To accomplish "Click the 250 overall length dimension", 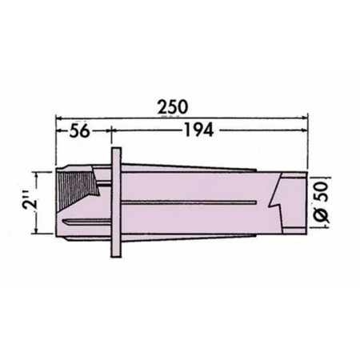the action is [x=173, y=107].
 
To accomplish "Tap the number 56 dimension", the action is [x=79, y=131].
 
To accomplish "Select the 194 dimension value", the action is [x=199, y=130].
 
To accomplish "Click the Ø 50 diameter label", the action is [x=322, y=202].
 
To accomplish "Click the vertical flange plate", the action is [x=116, y=202].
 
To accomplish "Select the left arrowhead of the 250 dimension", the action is [x=58, y=117].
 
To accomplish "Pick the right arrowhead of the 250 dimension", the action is [x=305, y=117].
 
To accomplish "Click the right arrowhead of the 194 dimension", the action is [x=305, y=130].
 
